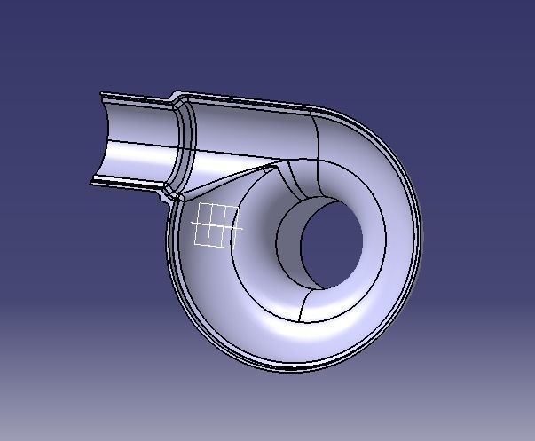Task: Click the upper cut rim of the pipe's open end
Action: click(133, 95)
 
